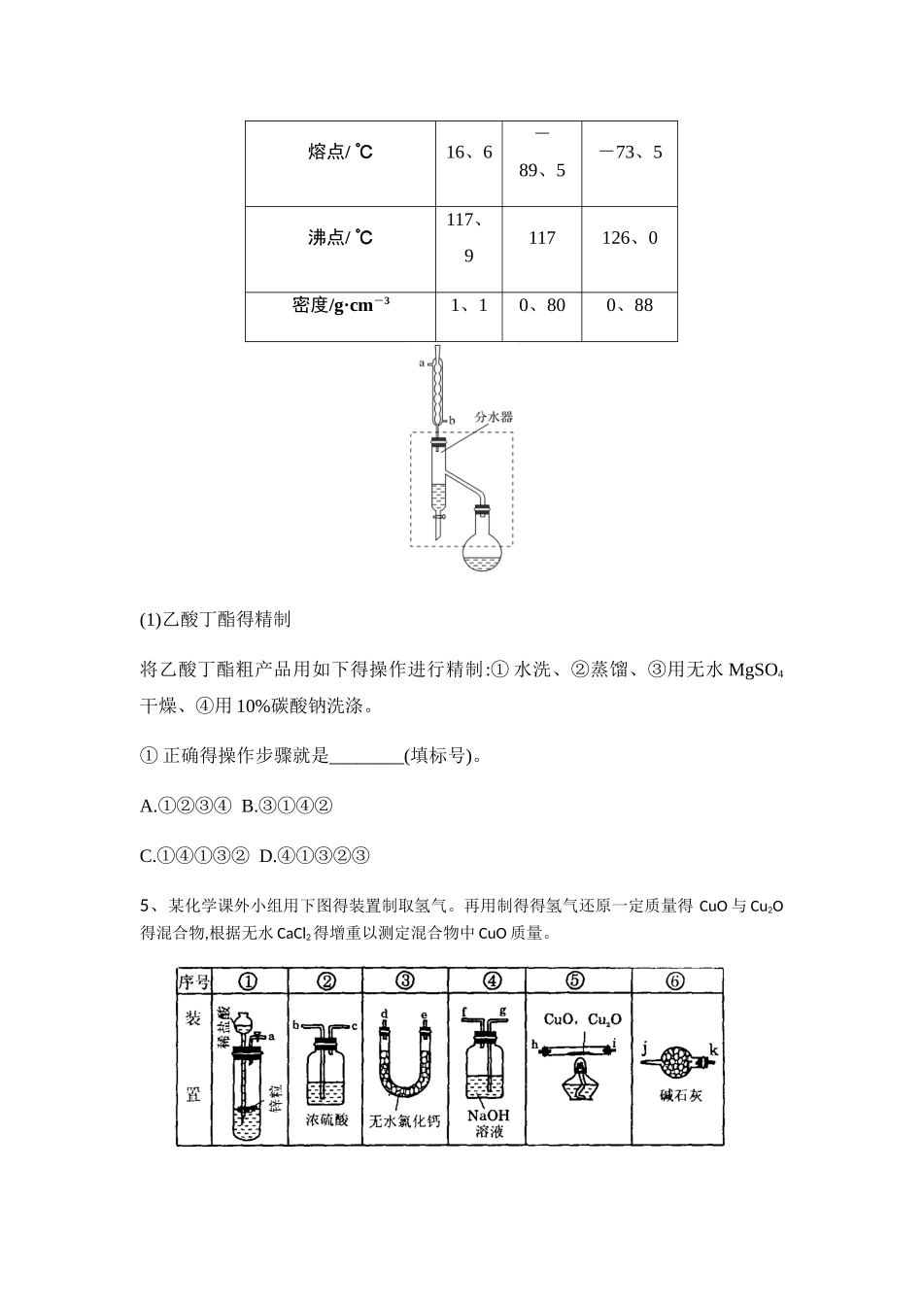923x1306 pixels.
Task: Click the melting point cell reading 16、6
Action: (x=468, y=153)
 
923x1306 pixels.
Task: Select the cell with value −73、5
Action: (x=630, y=153)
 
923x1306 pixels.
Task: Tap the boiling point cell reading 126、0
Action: (x=630, y=238)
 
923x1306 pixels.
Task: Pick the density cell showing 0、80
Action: (x=542, y=305)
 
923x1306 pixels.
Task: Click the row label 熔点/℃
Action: (x=340, y=153)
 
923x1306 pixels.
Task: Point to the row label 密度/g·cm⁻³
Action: (x=340, y=305)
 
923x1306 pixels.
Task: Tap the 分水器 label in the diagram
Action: (x=494, y=417)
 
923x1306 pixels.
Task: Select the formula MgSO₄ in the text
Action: (x=756, y=671)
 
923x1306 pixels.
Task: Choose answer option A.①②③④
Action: (x=186, y=806)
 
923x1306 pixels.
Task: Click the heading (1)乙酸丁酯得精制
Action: (x=216, y=619)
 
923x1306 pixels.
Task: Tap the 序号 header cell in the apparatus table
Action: (x=192, y=981)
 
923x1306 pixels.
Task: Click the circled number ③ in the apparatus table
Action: (x=405, y=980)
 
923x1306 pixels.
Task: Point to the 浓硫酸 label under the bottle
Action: (x=326, y=1119)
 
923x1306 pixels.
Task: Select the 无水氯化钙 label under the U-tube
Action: (x=405, y=1120)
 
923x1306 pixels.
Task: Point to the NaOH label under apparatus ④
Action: (x=488, y=1116)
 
